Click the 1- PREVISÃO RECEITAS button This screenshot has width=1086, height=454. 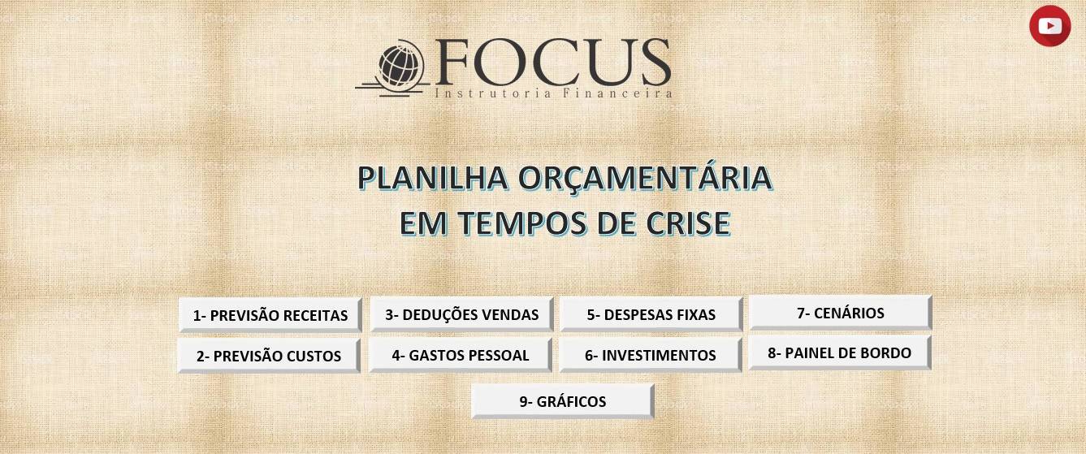coord(270,315)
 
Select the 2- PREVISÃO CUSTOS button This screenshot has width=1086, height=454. coord(269,356)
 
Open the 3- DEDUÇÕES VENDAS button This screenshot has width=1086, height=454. coord(461,314)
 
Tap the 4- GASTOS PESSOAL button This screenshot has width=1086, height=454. coord(460,355)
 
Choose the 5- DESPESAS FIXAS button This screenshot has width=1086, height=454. coord(651,314)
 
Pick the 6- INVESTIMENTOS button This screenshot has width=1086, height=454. coord(650,355)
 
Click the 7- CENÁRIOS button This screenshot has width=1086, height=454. coord(841,313)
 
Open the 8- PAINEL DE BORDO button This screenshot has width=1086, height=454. coord(840,352)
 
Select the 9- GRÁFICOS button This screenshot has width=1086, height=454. coord(562,401)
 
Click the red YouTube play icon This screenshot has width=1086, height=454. coord(1050,26)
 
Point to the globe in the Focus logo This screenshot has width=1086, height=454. coord(401,67)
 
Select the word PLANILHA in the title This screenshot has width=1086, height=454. coord(433,178)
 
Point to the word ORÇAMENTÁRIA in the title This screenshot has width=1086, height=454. coord(645,178)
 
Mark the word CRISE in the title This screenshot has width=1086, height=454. coord(688,223)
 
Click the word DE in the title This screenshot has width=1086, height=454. coord(616,223)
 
